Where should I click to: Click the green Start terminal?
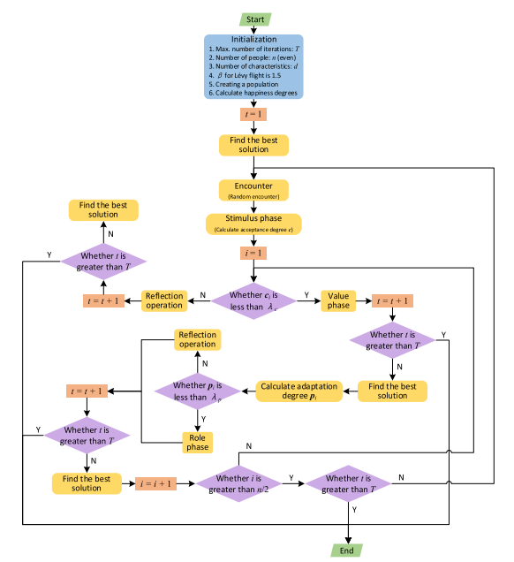pyautogui.click(x=255, y=18)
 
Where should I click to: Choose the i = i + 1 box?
pyautogui.click(x=156, y=483)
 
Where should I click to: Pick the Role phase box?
pyautogui.click(x=198, y=442)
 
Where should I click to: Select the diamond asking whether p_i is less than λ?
pyautogui.click(x=198, y=391)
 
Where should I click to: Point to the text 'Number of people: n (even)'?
pyautogui.click(x=249, y=57)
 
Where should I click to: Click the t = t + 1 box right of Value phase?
pyautogui.click(x=392, y=300)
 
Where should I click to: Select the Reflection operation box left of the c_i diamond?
pyautogui.click(x=165, y=300)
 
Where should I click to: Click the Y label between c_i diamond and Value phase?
pyautogui.click(x=306, y=295)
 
